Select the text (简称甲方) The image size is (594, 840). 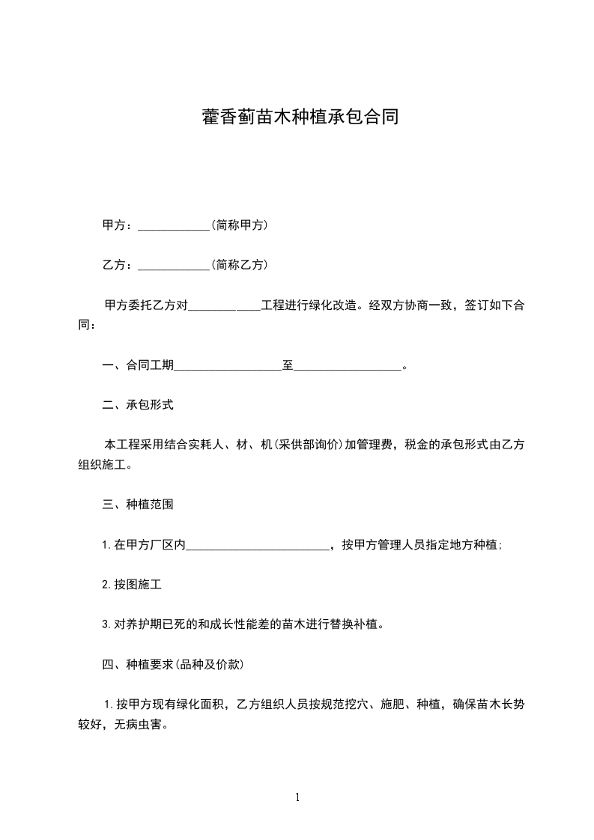pos(239,225)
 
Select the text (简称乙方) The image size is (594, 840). pos(239,265)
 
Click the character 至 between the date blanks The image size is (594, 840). pos(288,366)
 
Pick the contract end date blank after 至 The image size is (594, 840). pos(348,367)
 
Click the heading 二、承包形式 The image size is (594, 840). pos(138,405)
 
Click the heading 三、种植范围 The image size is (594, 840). pos(138,505)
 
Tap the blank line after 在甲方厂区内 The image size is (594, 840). pos(257,547)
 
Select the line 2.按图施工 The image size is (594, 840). pos(132,585)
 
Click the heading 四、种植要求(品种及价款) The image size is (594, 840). pos(172,664)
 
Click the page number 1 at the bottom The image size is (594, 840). pos(297,797)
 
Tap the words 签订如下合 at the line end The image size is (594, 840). pos(494,306)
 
